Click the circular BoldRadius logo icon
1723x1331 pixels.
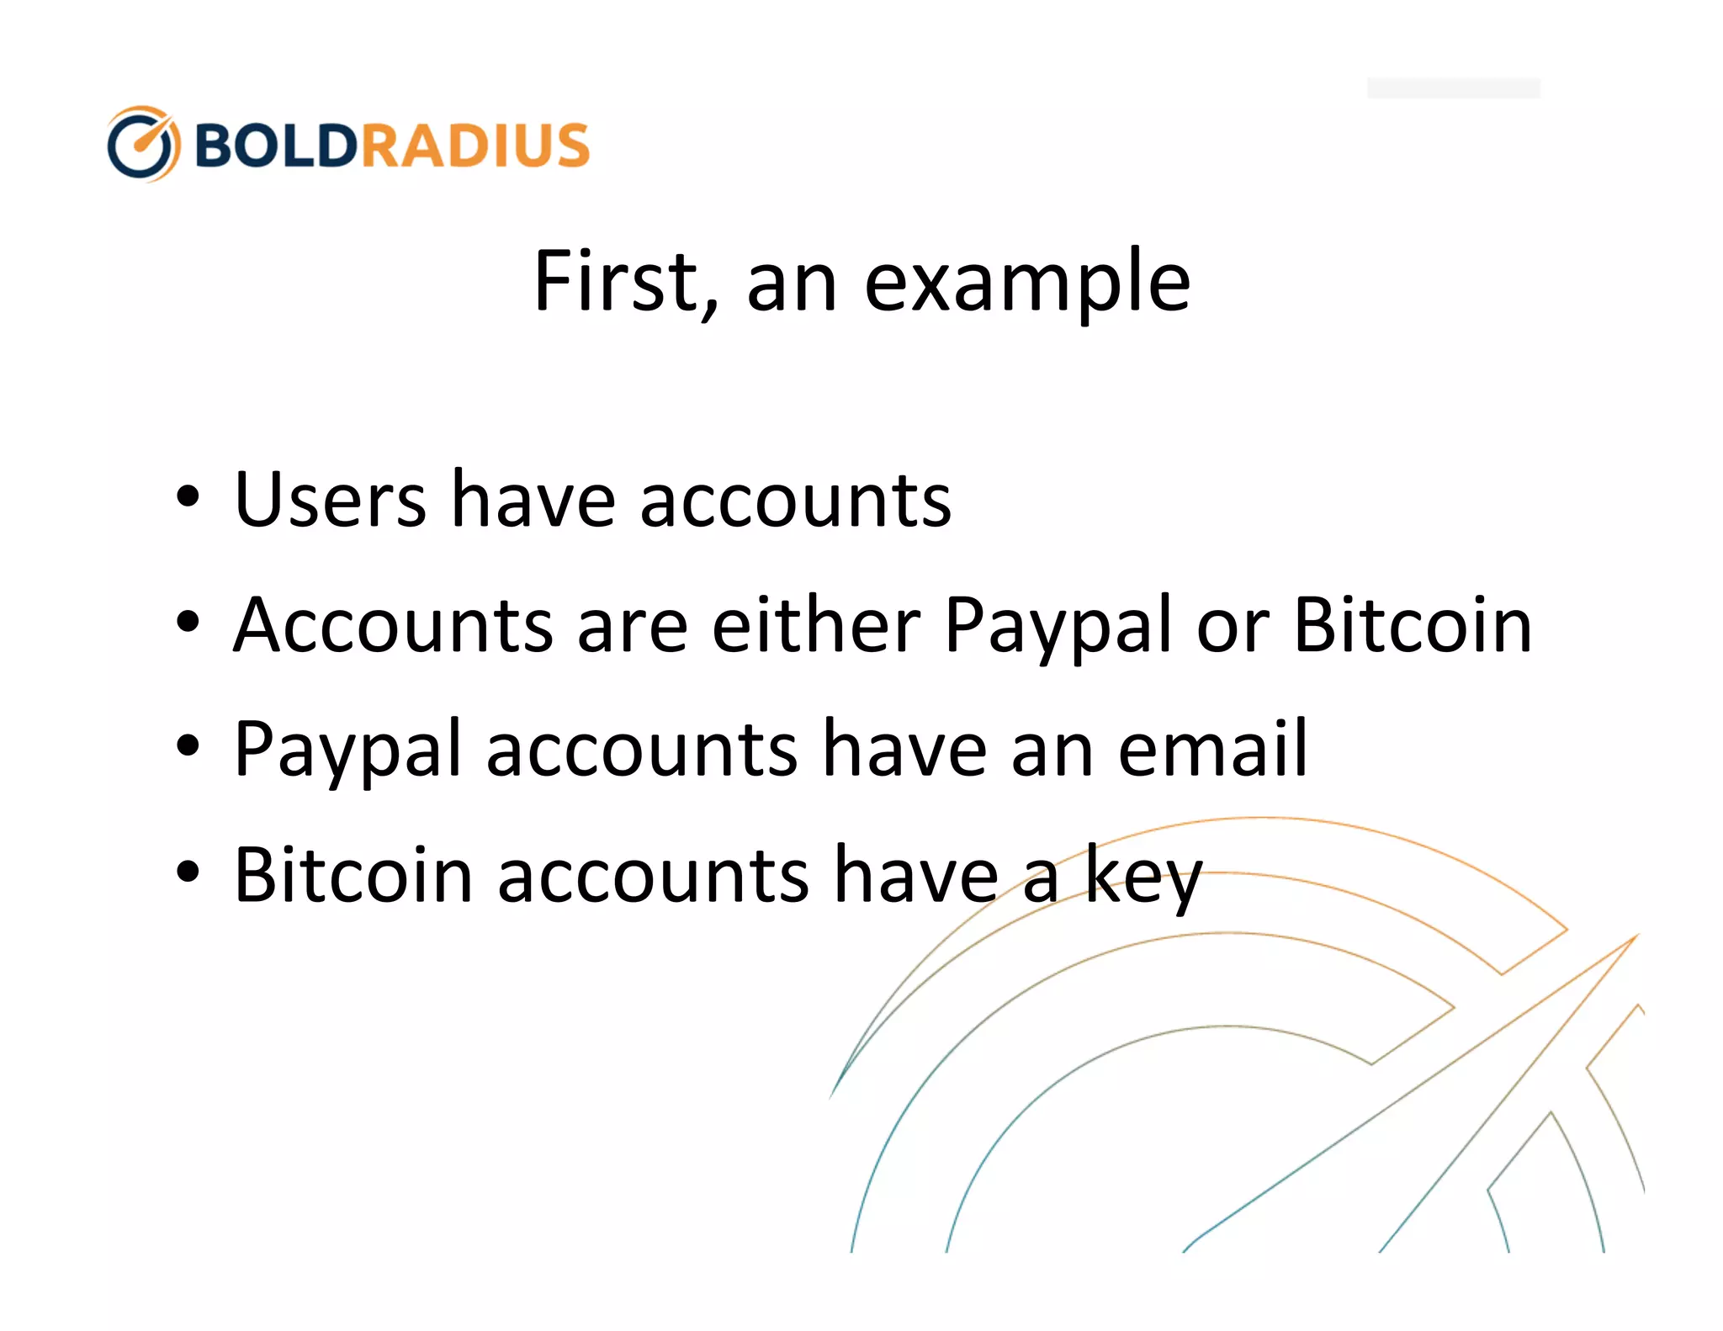[x=143, y=144]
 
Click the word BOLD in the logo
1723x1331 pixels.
[x=276, y=145]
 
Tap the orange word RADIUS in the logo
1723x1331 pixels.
[x=476, y=145]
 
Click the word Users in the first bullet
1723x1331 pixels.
[x=330, y=501]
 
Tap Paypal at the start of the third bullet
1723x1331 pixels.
[x=347, y=752]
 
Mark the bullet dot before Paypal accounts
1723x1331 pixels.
[x=188, y=745]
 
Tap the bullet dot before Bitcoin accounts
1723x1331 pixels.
[x=188, y=872]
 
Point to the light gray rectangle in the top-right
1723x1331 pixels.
[x=1453, y=88]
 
